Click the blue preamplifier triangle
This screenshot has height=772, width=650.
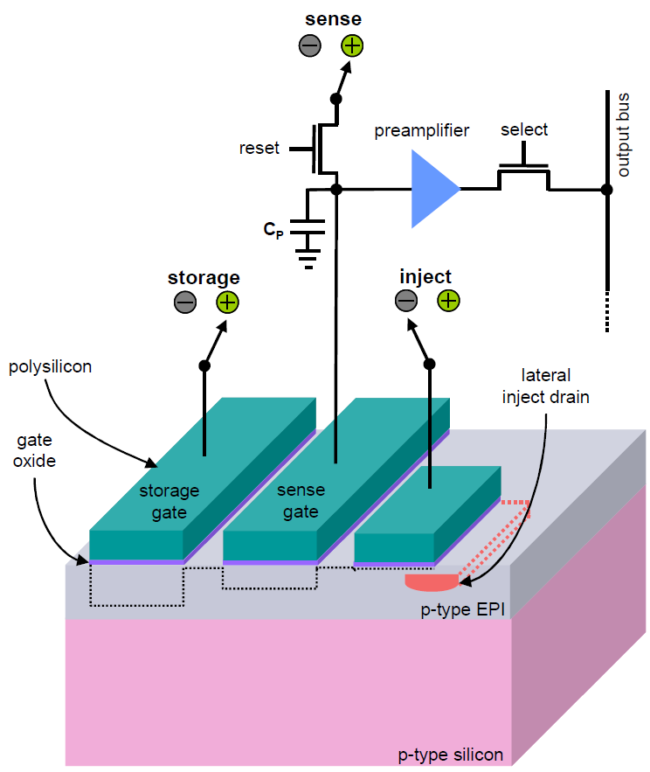pyautogui.click(x=432, y=189)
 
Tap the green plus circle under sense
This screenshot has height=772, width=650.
pyautogui.click(x=351, y=46)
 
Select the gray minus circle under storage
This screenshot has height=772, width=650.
pyautogui.click(x=185, y=303)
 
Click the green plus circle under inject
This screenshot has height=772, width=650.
pyautogui.click(x=448, y=302)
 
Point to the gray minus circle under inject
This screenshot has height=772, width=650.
pyautogui.click(x=406, y=302)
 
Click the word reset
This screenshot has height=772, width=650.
pyautogui.click(x=259, y=148)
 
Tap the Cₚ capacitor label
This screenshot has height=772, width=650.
pyautogui.click(x=274, y=230)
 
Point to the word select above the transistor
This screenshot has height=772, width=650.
pyautogui.click(x=523, y=130)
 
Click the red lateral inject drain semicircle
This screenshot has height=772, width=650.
pyautogui.click(x=431, y=580)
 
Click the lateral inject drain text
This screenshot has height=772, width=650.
pyautogui.click(x=547, y=386)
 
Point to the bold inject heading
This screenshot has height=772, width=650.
pyautogui.click(x=425, y=277)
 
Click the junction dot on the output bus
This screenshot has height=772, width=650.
pyautogui.click(x=605, y=189)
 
